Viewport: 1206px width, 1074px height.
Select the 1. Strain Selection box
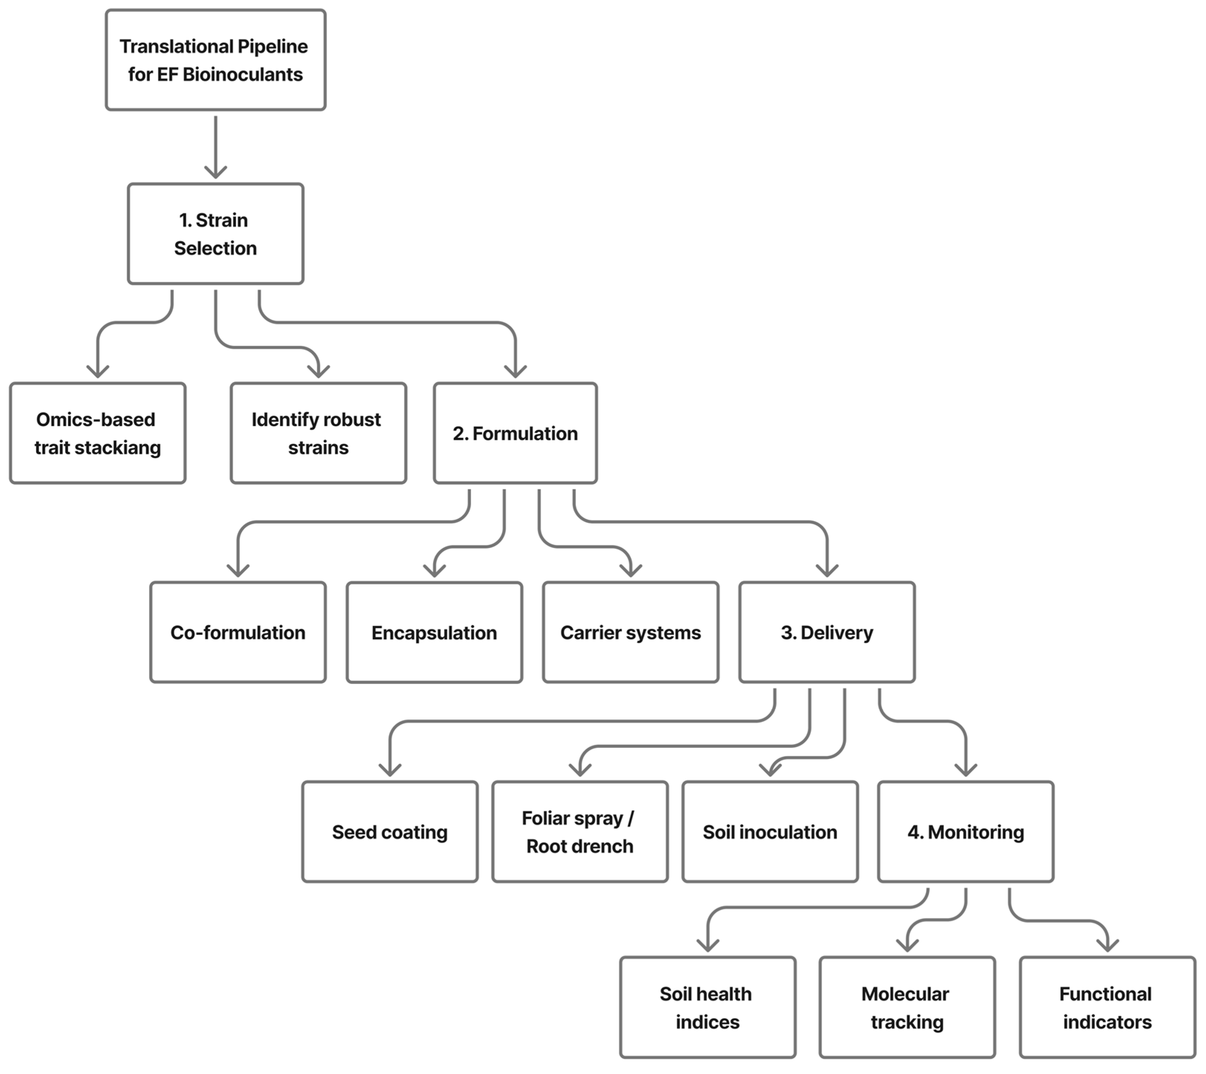tap(216, 234)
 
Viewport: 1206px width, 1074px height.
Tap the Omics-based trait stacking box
tap(97, 433)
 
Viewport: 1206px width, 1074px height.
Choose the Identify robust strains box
tap(318, 433)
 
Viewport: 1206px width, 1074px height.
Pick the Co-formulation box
tap(238, 633)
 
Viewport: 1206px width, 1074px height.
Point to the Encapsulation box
tap(434, 633)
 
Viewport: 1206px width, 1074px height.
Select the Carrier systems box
tap(630, 633)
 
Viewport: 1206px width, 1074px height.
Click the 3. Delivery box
tap(827, 633)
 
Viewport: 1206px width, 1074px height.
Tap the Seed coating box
tap(389, 832)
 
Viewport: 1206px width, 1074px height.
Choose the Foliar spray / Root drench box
tap(580, 832)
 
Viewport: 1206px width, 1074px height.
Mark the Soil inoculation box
tap(770, 832)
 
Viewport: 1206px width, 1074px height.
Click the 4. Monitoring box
tap(966, 832)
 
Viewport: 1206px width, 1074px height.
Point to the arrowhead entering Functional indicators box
tap(1108, 945)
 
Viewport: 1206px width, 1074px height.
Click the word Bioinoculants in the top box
tap(243, 74)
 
